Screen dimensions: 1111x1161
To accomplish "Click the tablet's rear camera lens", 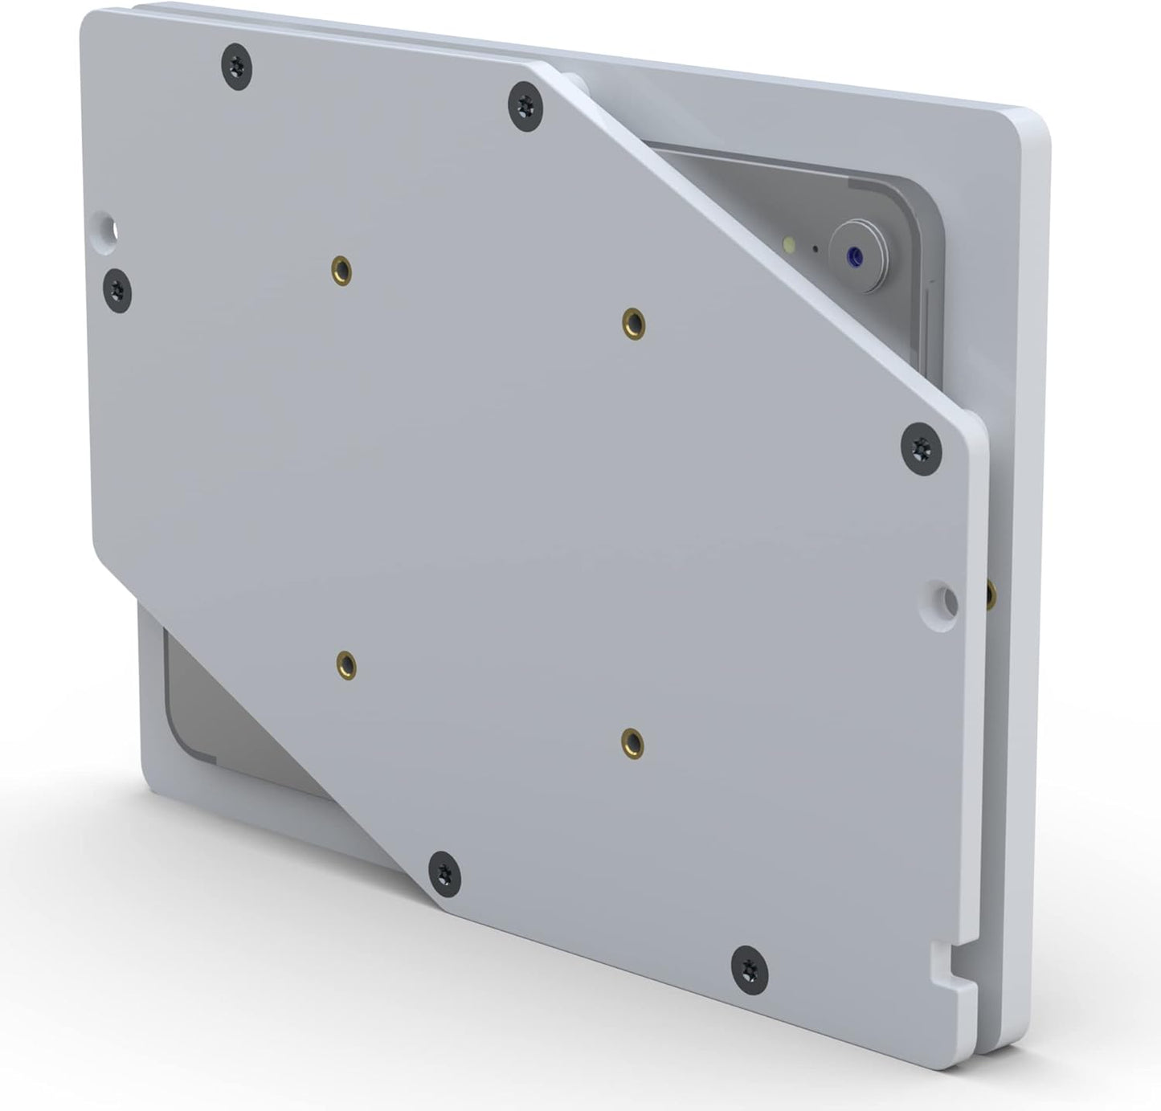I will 855,257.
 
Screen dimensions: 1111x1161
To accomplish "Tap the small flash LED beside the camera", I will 791,243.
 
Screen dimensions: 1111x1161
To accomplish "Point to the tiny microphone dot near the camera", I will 816,248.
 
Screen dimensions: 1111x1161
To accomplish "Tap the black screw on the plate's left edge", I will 118,288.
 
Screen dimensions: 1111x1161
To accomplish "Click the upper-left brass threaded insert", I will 342,271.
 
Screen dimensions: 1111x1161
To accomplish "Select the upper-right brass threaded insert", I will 634,323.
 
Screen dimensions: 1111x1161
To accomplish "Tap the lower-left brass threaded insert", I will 346,664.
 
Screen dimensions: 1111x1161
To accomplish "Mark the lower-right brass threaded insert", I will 633,743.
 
